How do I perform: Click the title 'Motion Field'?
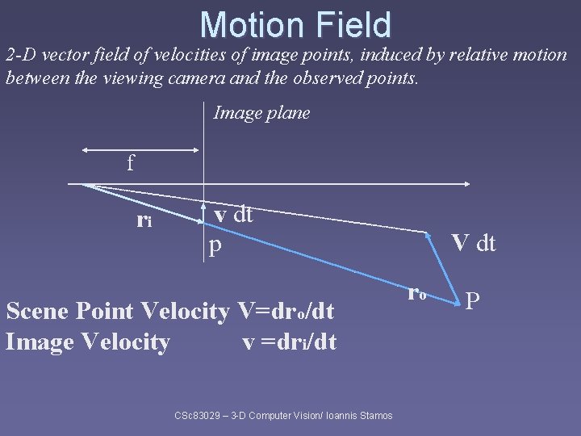295,25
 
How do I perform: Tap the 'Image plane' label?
261,113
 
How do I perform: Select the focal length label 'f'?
130,164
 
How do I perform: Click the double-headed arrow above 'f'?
140,149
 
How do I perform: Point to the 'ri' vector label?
145,219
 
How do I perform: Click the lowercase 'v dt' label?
233,214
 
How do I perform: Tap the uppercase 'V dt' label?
474,242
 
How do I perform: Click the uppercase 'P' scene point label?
474,300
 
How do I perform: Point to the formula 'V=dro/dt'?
288,310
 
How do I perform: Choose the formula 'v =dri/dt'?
290,342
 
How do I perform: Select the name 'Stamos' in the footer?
374,415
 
